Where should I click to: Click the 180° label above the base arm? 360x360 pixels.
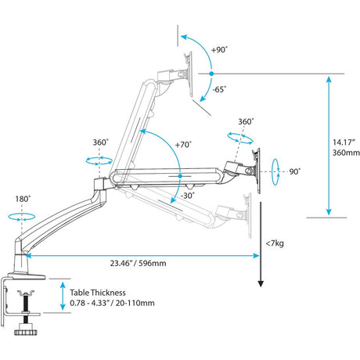pos(23,199)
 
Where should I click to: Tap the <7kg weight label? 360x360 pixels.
pos(275,245)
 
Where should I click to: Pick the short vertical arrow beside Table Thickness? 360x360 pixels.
pos(65,295)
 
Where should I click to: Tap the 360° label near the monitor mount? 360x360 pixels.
pos(246,121)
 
